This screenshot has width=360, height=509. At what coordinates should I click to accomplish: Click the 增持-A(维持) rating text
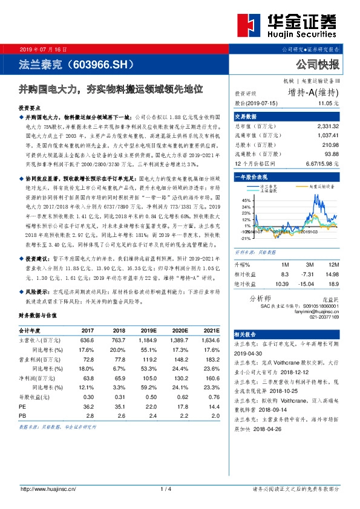tap(313, 92)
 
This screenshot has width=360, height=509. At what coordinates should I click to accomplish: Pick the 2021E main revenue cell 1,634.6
tap(210, 340)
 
